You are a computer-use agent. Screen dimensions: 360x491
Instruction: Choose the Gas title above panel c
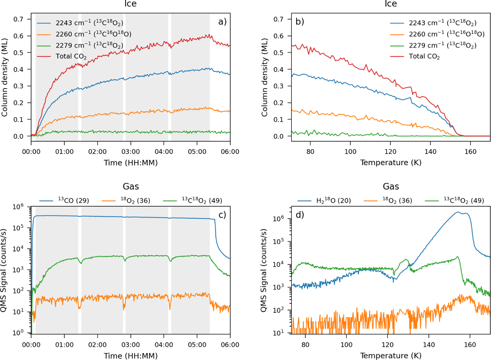(x=131, y=186)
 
